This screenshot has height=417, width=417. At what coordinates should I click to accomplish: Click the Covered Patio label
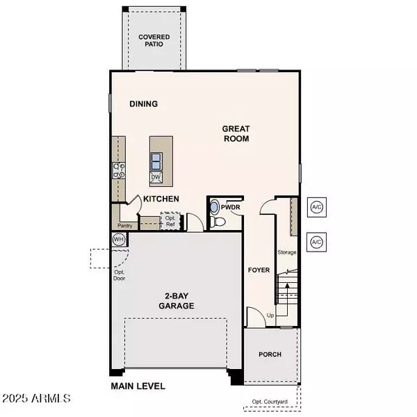tap(154, 41)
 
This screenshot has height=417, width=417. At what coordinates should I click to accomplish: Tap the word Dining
tap(144, 104)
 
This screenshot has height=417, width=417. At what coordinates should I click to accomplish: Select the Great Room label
tap(236, 133)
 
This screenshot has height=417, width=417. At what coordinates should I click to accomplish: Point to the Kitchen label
tap(161, 199)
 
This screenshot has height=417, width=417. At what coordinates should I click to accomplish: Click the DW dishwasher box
tap(157, 178)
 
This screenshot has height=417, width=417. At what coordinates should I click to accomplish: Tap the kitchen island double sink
tap(157, 161)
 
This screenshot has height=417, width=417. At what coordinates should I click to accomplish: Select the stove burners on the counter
tap(118, 171)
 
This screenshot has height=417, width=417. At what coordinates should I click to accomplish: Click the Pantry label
tap(125, 226)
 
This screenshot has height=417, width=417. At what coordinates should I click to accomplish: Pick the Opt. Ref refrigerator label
tap(170, 221)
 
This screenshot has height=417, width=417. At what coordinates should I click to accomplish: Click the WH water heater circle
tap(119, 239)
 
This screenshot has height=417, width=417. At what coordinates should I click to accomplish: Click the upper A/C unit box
tap(317, 207)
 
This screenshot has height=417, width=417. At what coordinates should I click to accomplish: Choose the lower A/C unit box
tap(317, 242)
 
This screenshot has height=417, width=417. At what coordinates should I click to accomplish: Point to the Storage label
tap(287, 252)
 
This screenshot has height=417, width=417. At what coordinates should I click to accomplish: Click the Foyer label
tap(259, 270)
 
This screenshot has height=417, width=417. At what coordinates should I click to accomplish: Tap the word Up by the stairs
tap(270, 316)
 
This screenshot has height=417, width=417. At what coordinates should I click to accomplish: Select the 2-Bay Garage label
tap(175, 300)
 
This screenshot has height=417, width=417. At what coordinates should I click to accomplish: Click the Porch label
tap(270, 354)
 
